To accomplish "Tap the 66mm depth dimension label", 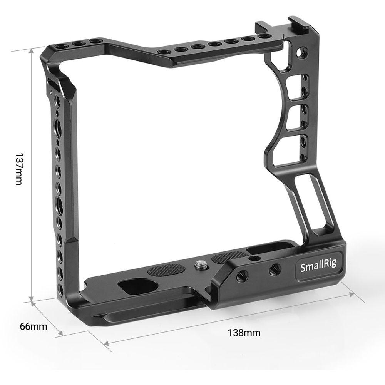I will (x=34, y=327).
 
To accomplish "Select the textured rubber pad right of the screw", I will (x=230, y=257).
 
